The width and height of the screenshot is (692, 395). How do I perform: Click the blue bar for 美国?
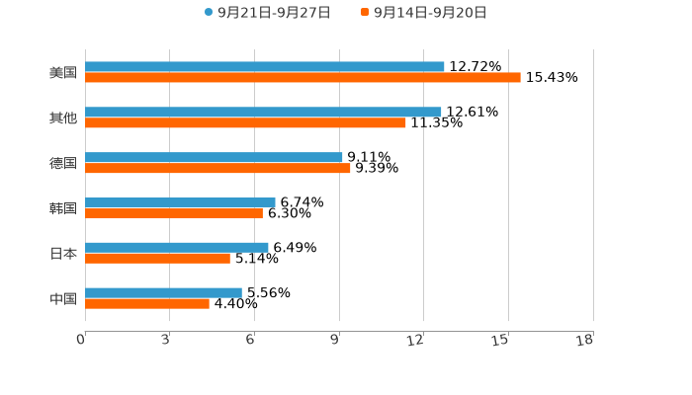(265, 67)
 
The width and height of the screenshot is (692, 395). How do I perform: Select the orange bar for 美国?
(303, 77)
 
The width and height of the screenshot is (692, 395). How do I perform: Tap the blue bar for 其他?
(263, 113)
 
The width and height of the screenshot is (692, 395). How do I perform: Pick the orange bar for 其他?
(245, 122)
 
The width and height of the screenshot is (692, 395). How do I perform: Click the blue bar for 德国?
(214, 157)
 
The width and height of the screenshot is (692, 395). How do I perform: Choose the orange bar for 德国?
(217, 168)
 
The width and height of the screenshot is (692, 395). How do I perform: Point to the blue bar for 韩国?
(180, 202)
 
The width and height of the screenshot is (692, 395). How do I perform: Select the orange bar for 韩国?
(174, 212)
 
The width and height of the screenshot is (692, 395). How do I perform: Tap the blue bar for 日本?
(177, 248)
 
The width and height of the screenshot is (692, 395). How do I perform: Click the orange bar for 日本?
(157, 258)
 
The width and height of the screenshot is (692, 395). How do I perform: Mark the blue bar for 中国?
(163, 292)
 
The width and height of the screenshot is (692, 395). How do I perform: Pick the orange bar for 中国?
(147, 303)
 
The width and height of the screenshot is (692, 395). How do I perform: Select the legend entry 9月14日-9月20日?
(430, 13)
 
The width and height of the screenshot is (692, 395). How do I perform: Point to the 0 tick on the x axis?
(82, 340)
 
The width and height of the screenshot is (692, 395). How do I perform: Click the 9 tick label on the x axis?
(336, 340)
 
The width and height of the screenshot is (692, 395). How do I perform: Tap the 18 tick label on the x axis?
(585, 340)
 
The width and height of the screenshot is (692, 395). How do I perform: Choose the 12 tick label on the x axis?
(416, 340)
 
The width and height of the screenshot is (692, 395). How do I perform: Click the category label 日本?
(63, 254)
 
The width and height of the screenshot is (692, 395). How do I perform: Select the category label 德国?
(63, 163)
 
